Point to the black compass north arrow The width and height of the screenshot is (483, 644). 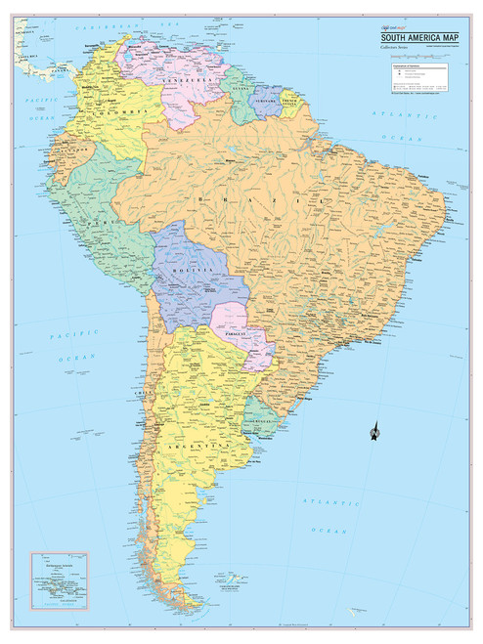(373, 431)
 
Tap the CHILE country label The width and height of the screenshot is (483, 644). (146, 393)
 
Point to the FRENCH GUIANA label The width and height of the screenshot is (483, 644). (290, 101)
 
